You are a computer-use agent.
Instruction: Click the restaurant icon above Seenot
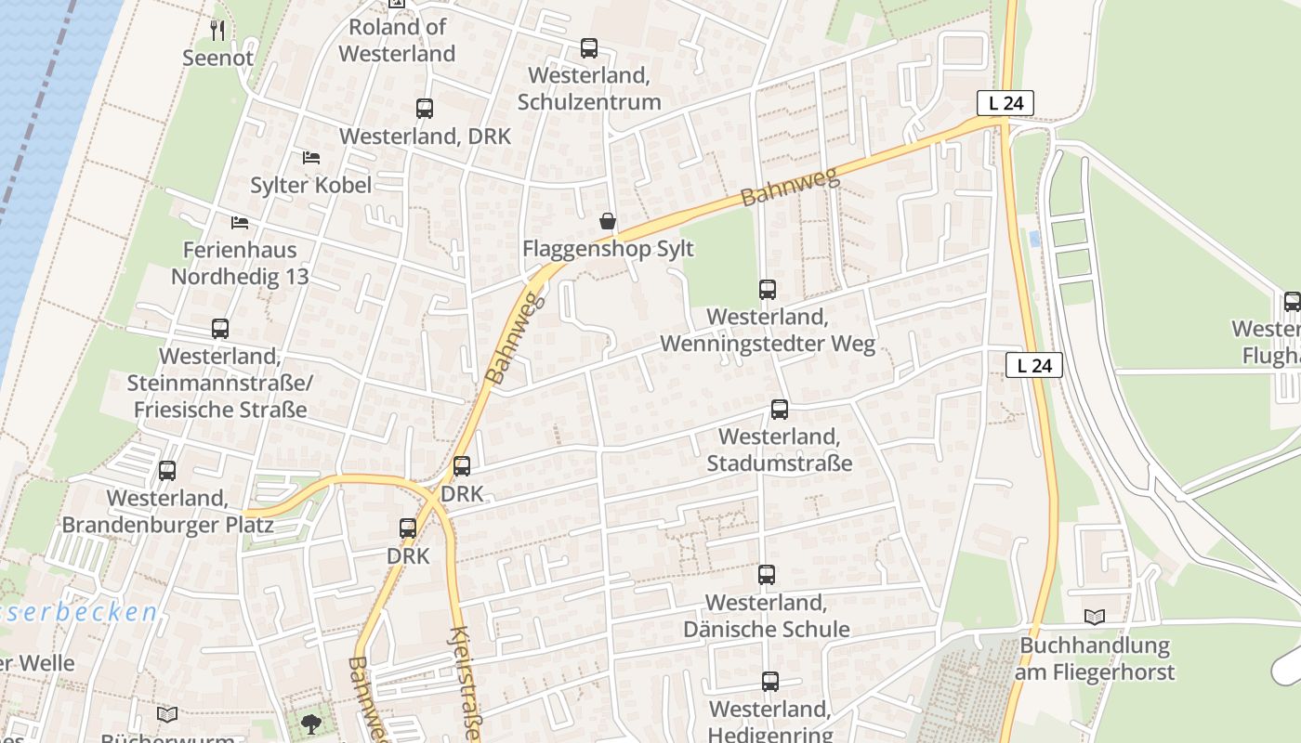click(217, 31)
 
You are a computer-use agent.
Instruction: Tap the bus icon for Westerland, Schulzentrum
click(588, 48)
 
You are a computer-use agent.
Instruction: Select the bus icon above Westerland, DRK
click(425, 109)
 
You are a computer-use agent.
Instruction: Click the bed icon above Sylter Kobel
click(311, 158)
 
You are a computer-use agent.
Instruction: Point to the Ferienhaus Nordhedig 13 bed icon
click(240, 223)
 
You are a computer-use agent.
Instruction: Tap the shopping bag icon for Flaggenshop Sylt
click(607, 221)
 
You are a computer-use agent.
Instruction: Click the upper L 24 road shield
click(1005, 103)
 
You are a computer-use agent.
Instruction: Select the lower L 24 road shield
click(1033, 365)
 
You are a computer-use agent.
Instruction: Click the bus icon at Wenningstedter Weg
click(767, 290)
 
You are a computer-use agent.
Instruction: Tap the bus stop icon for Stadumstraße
click(779, 410)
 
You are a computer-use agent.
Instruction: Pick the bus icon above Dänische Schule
click(766, 575)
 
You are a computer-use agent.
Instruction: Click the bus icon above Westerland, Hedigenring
click(769, 682)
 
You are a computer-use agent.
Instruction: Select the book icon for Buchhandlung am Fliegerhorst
click(1095, 617)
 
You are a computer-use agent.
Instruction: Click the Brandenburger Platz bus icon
click(167, 471)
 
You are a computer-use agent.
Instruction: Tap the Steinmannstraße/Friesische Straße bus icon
click(219, 329)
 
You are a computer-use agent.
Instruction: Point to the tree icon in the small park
click(310, 723)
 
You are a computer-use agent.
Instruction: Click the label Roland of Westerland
click(397, 40)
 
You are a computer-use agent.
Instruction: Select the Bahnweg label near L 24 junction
click(790, 187)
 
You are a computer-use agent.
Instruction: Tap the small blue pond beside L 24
click(1034, 239)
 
